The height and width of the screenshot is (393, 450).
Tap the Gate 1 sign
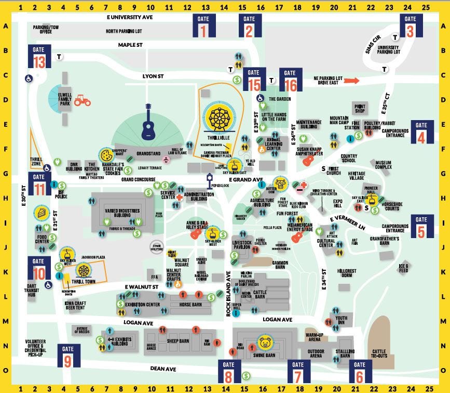203,26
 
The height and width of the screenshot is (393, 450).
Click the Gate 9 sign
69,357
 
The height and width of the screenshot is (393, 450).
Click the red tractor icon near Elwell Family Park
82,100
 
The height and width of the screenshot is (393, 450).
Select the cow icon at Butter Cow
281,184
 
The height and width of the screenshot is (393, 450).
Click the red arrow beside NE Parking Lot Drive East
351,81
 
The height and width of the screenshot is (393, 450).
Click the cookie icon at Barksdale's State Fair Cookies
106,154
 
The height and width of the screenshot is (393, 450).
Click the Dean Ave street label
163,369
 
